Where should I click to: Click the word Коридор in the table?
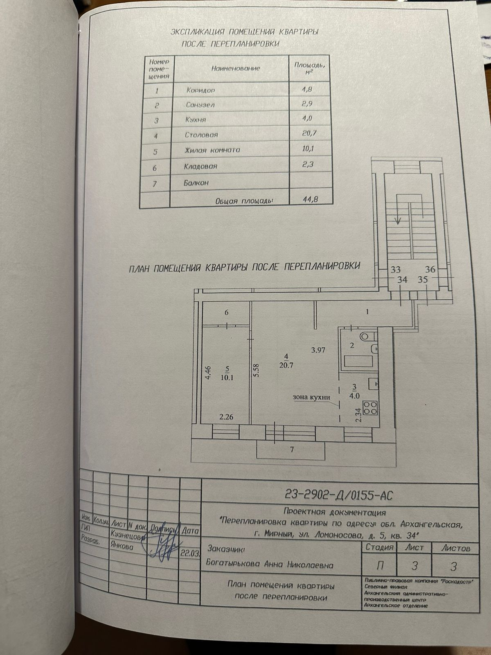pos(200,90)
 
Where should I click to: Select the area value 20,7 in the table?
pos(309,133)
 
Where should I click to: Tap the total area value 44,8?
pos(310,200)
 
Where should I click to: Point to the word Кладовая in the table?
pos(200,166)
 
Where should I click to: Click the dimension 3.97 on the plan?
pos(318,350)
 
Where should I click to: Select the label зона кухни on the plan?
pos(311,397)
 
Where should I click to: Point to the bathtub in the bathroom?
pos(358,361)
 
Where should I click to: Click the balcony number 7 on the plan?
pos(292,449)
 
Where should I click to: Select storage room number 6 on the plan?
pos(226,313)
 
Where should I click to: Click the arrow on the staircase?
pos(396,221)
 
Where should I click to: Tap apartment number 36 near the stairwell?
pos(430,270)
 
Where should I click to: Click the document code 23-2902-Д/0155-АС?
pos(339,496)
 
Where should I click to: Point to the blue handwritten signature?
pos(164,542)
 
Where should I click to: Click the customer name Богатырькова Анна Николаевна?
pos(270,565)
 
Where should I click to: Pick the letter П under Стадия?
pos(379,566)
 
